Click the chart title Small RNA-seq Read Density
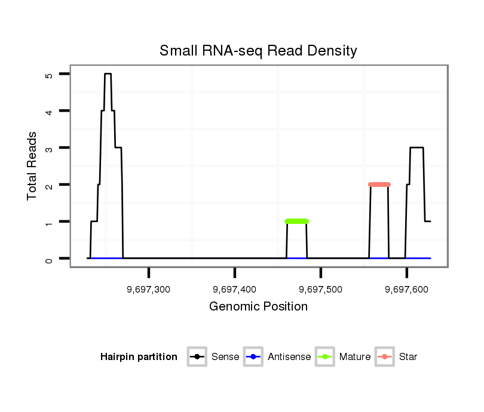[258, 51]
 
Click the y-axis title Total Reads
[33, 165]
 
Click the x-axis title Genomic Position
[258, 307]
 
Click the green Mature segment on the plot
[297, 222]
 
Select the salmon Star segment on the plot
[379, 185]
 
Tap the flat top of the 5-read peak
[108, 74]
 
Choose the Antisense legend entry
[277, 357]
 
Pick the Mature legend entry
[343, 357]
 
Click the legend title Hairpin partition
[139, 357]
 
